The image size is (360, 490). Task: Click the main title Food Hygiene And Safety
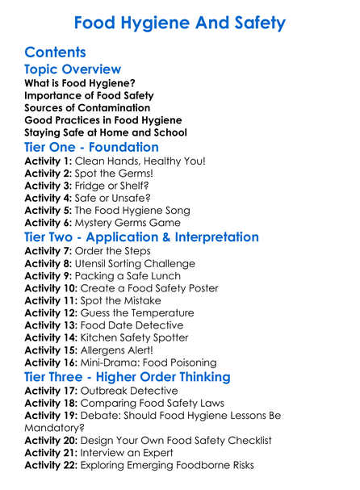179,22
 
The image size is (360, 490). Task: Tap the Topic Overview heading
73,70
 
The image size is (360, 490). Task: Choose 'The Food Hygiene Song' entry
138,211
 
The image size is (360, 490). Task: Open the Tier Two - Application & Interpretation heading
142,238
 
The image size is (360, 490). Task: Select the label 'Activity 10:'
52,288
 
